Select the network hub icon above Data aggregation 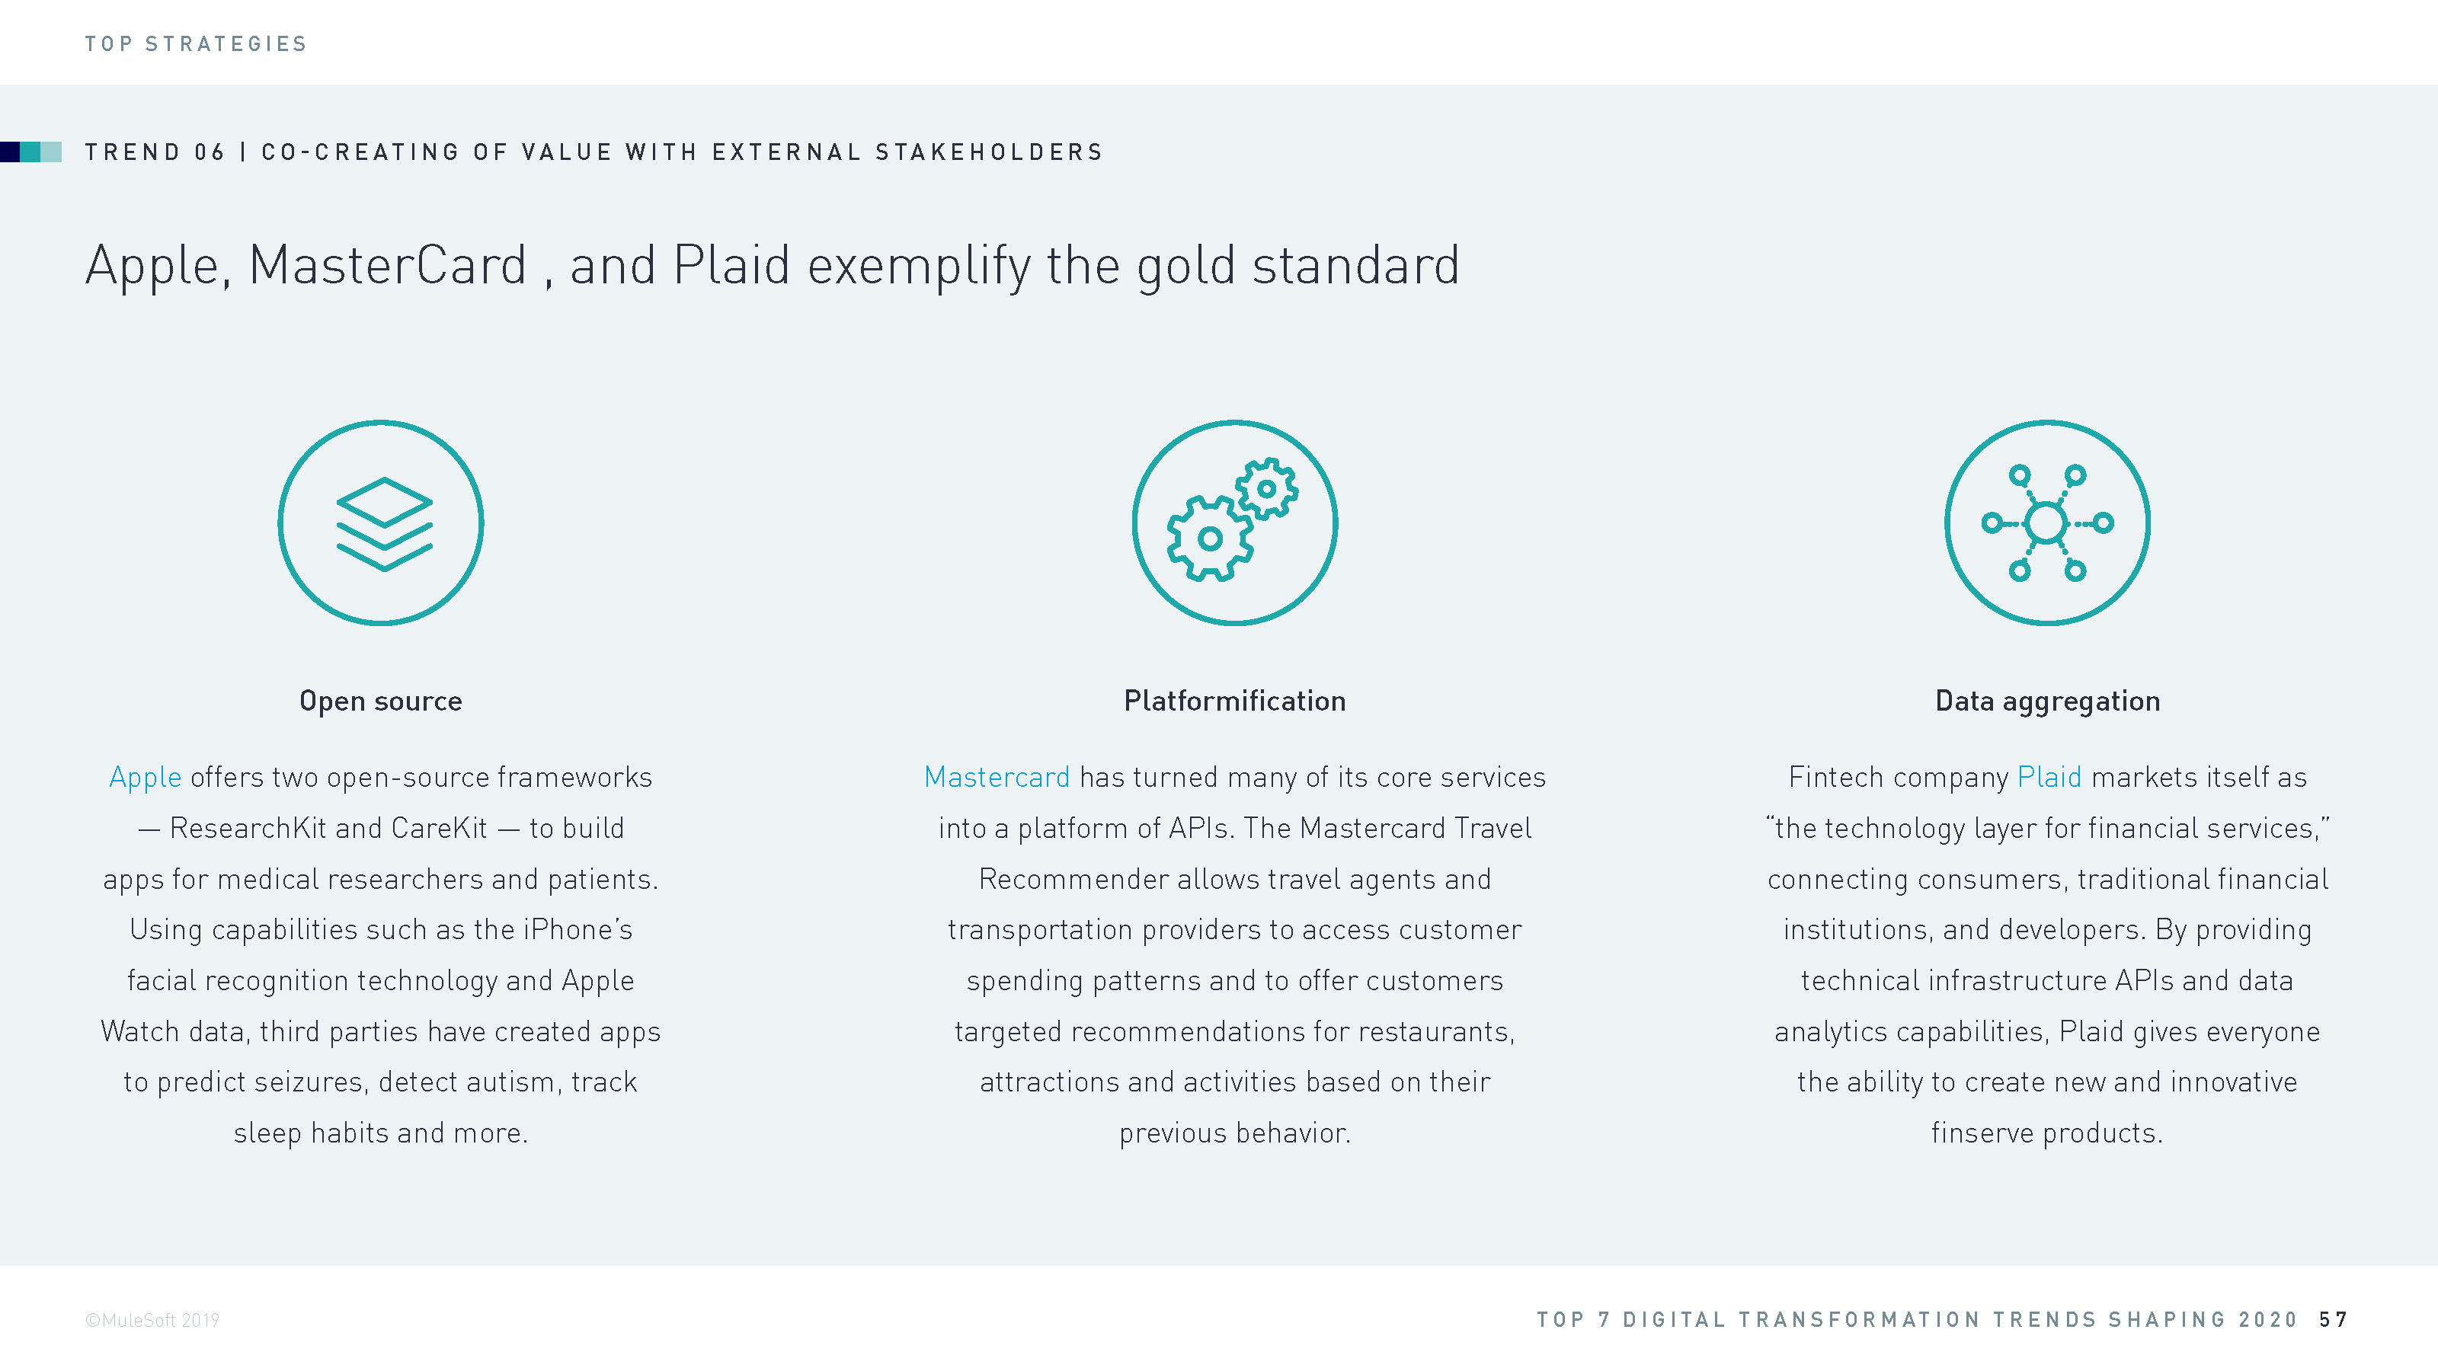click(2047, 523)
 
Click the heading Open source click(380, 701)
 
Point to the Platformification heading click(1234, 700)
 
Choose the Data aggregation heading click(2047, 701)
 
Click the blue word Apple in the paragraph click(145, 778)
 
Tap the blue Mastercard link click(997, 777)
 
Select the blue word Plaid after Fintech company click(2049, 777)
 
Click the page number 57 click(2333, 1320)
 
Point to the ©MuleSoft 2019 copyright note click(152, 1320)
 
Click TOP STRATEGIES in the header click(196, 43)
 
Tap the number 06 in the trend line click(210, 152)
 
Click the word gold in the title click(1186, 266)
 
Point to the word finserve click(1982, 1133)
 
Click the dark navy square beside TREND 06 click(9, 152)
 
